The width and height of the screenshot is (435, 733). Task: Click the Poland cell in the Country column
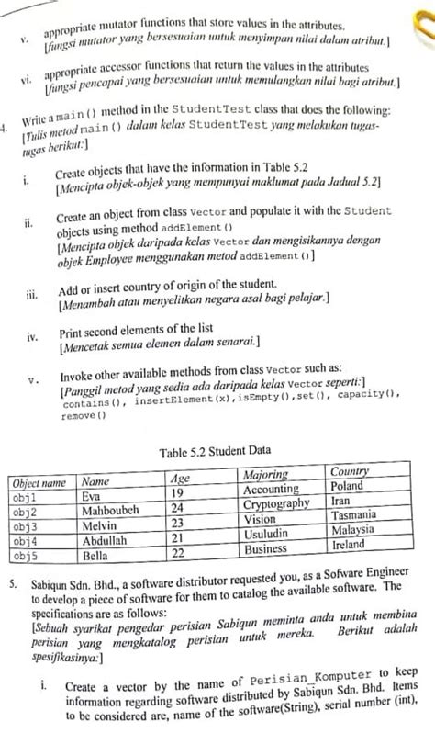[x=348, y=486]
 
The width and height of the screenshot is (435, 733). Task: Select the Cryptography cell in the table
[x=276, y=504]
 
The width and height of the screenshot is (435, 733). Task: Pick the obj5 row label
[x=25, y=557]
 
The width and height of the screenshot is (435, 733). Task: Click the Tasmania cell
[x=354, y=515]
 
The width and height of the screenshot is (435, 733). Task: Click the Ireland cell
[x=348, y=545]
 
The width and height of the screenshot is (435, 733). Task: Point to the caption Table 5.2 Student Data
[x=215, y=452]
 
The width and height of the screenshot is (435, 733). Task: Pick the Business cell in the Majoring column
[x=266, y=549]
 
